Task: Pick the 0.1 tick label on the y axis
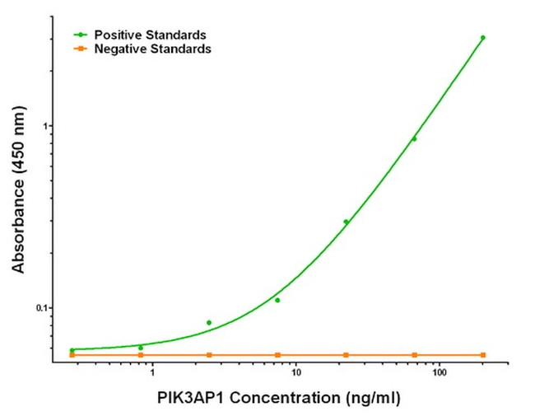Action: pyautogui.click(x=42, y=308)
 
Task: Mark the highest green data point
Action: pyautogui.click(x=483, y=37)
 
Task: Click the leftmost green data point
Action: pyautogui.click(x=72, y=350)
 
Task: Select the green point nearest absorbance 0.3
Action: pyautogui.click(x=346, y=222)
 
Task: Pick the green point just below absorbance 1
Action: pyautogui.click(x=414, y=138)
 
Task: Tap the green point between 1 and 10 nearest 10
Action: pyautogui.click(x=277, y=300)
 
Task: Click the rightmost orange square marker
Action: pyautogui.click(x=483, y=355)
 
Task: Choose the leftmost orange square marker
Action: pyautogui.click(x=72, y=355)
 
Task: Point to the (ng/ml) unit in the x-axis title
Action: pyautogui.click(x=368, y=398)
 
